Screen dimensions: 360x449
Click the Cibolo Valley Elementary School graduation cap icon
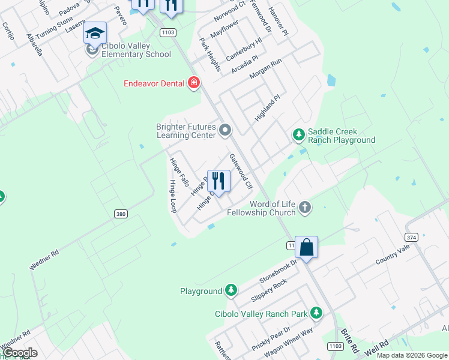tap(95, 34)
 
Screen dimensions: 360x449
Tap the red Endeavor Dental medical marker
tap(193, 83)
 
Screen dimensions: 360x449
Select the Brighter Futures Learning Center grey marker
tap(225, 130)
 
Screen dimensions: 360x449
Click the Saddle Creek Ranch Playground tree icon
tap(298, 135)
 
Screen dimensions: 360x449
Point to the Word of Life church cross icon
tap(305, 208)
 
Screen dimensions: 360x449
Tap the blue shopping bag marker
tap(306, 247)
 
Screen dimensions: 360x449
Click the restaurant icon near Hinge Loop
tap(218, 181)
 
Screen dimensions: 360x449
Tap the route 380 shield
tap(119, 214)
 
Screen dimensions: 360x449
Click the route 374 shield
tap(411, 236)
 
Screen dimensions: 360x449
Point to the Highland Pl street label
tap(268, 108)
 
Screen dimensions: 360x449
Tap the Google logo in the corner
tap(20, 353)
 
